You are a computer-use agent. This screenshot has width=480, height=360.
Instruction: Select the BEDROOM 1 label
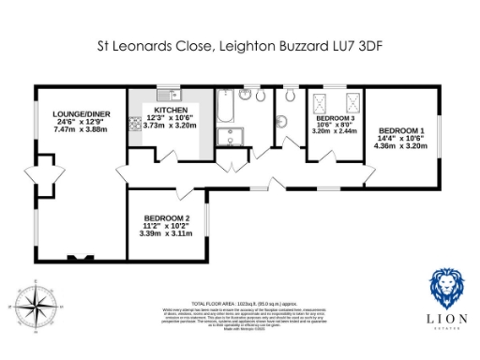click(400, 130)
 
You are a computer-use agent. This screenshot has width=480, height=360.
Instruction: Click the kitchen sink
click(166, 94)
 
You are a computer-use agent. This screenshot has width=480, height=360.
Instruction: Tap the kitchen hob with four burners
click(134, 121)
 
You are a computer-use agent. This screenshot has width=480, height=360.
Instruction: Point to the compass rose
click(34, 307)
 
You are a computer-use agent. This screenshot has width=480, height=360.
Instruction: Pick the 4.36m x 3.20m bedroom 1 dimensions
click(400, 145)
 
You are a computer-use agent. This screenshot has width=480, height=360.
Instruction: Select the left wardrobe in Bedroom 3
click(322, 100)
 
